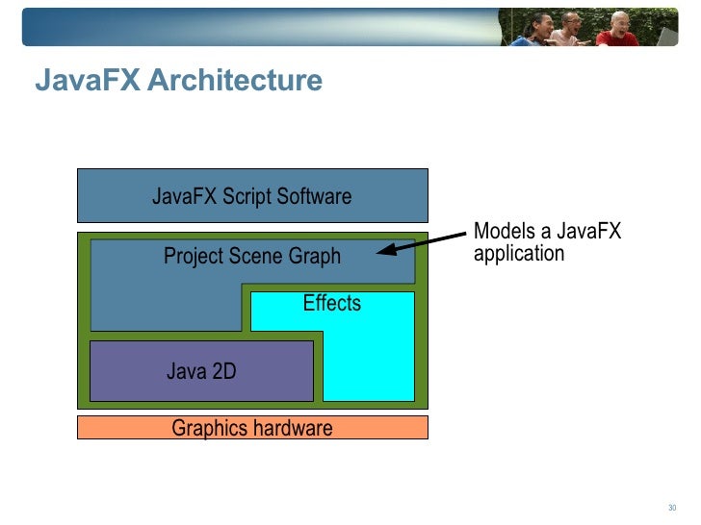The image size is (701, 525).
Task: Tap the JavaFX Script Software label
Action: [x=251, y=196]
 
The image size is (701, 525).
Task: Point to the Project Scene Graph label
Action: [x=251, y=257]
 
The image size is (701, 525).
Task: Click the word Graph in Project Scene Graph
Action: [x=315, y=257]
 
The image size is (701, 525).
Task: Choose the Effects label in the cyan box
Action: [x=331, y=303]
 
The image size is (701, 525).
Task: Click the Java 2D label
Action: [x=200, y=371]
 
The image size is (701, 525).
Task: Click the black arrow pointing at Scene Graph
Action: [x=424, y=241]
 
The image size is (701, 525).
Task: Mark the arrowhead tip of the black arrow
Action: [x=378, y=252]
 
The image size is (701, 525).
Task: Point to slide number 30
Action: [x=673, y=509]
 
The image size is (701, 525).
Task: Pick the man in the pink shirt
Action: [x=576, y=30]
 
